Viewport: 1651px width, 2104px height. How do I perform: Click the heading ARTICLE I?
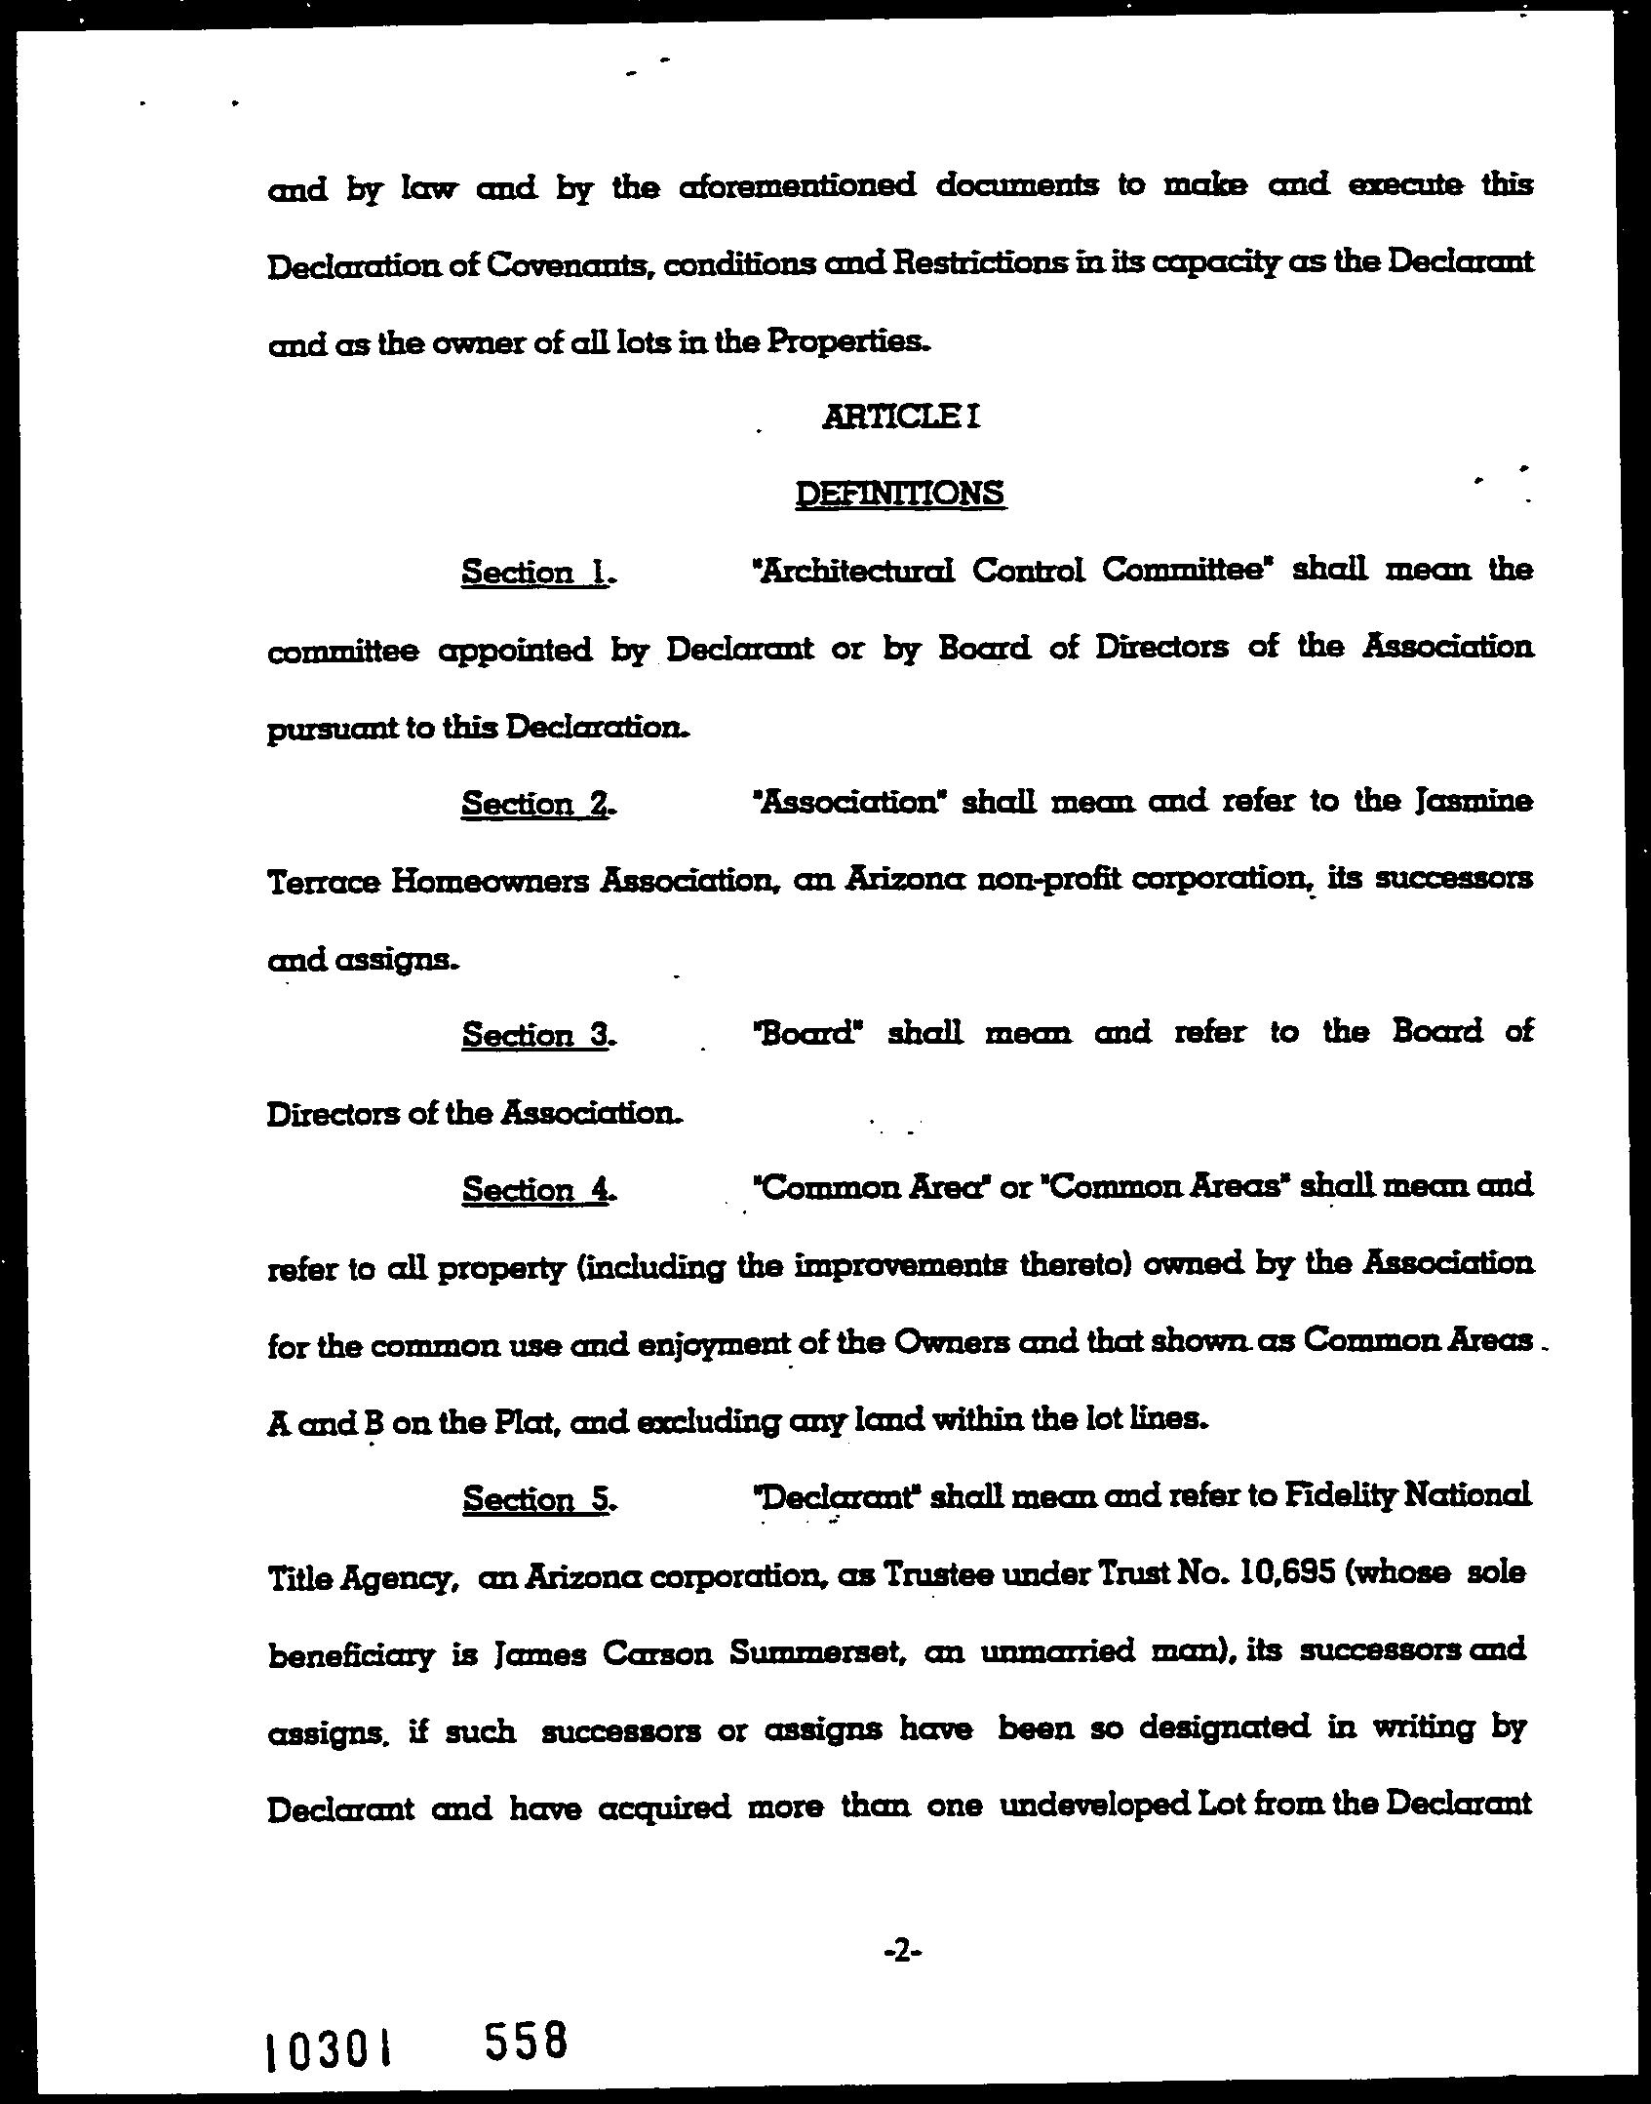pyautogui.click(x=900, y=417)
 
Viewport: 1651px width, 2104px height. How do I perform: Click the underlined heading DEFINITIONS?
pyautogui.click(x=900, y=494)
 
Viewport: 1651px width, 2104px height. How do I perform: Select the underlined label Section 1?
pyautogui.click(x=536, y=573)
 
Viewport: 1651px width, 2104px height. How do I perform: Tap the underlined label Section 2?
pyautogui.click(x=536, y=805)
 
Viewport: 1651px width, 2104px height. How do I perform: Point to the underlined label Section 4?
pyautogui.click(x=536, y=1190)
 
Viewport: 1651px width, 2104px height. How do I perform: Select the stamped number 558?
pyautogui.click(x=526, y=2041)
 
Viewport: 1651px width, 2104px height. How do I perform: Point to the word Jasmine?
pyautogui.click(x=1473, y=803)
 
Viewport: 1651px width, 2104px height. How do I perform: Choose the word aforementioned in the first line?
pyautogui.click(x=797, y=185)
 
